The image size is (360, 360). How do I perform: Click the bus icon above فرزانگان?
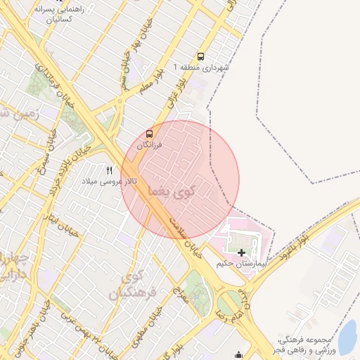(x=149, y=134)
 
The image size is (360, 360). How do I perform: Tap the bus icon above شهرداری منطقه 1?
(x=202, y=56)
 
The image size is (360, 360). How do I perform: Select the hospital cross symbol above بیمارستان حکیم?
(x=242, y=252)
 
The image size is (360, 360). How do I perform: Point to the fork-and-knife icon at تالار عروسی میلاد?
(x=109, y=170)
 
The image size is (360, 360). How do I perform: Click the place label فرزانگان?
(x=150, y=144)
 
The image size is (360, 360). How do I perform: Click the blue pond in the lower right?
(x=347, y=336)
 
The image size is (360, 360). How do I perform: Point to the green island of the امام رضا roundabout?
(x=229, y=304)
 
